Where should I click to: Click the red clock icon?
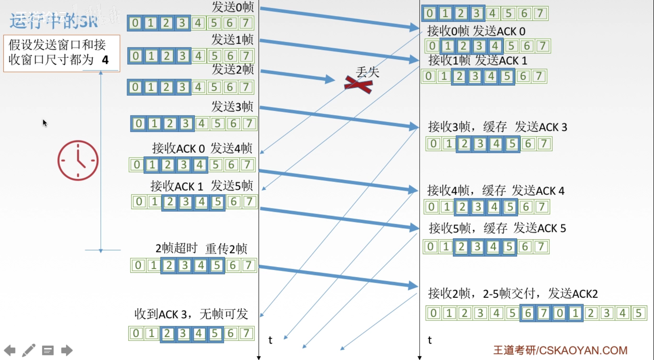click(78, 160)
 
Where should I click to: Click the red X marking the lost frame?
click(358, 85)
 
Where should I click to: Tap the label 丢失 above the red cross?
click(368, 72)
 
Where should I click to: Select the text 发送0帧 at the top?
click(233, 7)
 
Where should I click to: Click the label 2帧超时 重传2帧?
click(201, 248)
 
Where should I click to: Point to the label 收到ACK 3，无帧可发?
click(191, 314)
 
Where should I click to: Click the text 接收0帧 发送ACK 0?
click(476, 31)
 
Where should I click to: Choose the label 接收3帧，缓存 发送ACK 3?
click(497, 127)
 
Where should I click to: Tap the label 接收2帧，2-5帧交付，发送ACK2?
click(513, 293)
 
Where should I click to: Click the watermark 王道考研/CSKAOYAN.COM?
click(560, 350)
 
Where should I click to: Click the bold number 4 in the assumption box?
click(105, 60)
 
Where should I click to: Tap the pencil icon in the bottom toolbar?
click(29, 350)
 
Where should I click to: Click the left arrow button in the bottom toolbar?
click(10, 350)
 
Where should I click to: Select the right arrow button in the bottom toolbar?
click(67, 350)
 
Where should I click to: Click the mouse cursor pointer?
click(45, 123)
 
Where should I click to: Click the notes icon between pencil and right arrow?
click(48, 350)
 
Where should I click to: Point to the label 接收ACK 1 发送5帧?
click(202, 186)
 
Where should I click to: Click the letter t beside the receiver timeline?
click(430, 340)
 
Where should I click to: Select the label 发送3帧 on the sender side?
click(232, 107)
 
